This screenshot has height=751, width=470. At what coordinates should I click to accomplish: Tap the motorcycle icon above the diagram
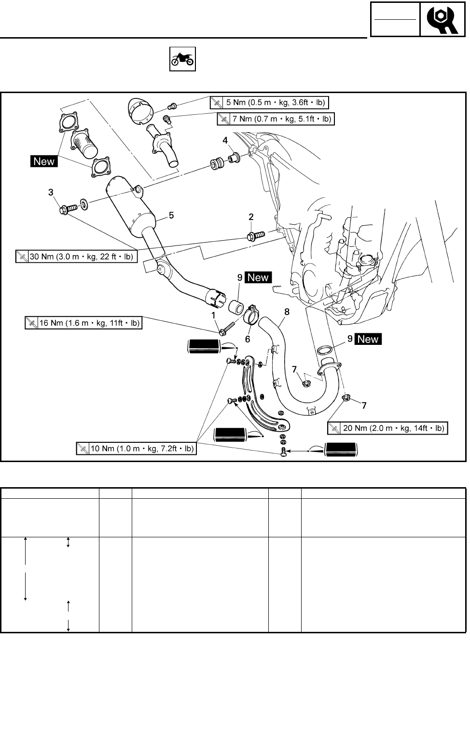click(x=182, y=59)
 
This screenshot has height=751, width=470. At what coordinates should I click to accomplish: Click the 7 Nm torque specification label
click(x=275, y=119)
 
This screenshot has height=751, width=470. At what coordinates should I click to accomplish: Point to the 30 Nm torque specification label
click(x=77, y=257)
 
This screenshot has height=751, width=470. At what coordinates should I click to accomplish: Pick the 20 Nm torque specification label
click(x=387, y=428)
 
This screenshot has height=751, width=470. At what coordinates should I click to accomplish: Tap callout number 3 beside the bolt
click(x=51, y=193)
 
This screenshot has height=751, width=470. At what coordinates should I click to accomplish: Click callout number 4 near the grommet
click(x=225, y=140)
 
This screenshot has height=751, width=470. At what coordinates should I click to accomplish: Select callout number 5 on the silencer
click(x=171, y=216)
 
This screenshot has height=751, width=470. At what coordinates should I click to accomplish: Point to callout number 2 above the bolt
click(x=251, y=218)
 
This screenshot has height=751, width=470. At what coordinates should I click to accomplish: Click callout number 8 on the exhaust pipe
click(x=287, y=312)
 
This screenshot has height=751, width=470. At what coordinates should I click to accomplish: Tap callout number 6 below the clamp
click(x=248, y=339)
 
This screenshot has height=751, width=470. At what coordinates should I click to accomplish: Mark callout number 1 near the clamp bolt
click(x=213, y=315)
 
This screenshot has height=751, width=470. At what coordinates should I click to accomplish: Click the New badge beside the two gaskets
click(x=44, y=162)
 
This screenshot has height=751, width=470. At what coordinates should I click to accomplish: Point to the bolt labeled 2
click(x=254, y=236)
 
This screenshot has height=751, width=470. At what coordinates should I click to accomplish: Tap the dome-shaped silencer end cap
click(x=141, y=109)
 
